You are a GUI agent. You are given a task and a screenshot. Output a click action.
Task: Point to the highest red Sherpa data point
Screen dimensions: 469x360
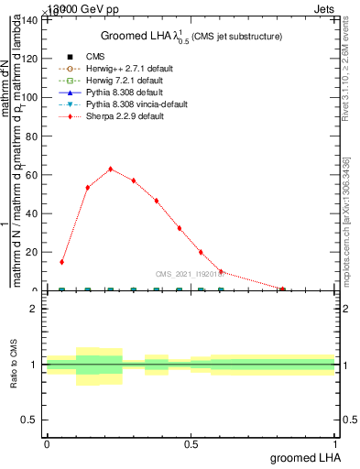111,169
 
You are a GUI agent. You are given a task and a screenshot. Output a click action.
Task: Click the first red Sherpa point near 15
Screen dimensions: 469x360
62,262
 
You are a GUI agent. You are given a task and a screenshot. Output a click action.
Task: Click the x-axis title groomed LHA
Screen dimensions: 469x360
304,457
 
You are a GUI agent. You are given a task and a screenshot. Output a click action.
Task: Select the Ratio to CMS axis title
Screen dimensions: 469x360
15,365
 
